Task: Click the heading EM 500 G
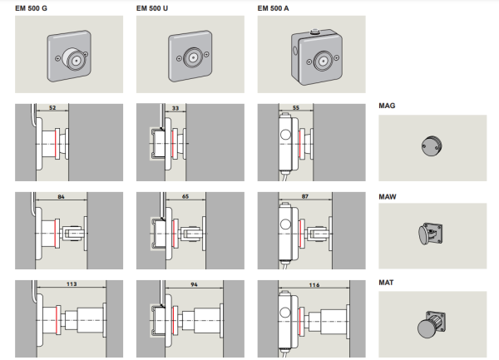31,8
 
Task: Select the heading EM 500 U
152,8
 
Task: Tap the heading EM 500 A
273,8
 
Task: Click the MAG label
387,106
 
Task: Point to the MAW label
388,197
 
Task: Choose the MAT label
386,283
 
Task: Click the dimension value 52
52,108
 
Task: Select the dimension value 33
175,108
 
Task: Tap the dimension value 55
296,108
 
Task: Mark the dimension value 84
61,197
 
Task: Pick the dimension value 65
185,196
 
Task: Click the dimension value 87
305,196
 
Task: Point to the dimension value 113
72,284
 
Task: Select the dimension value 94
194,284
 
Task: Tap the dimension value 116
314,285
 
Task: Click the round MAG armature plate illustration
432,146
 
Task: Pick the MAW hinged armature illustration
430,234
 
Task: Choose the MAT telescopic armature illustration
431,324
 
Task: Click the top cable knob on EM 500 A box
314,32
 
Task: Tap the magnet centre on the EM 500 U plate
193,58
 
